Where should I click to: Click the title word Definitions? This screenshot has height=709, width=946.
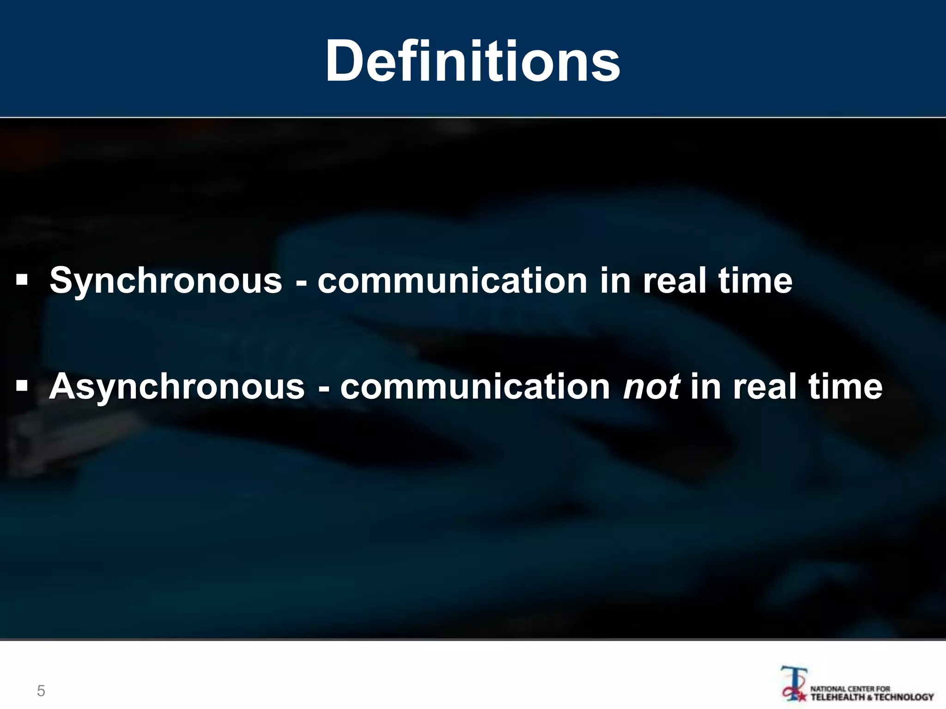click(473, 61)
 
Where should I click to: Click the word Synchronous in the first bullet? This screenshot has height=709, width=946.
click(166, 280)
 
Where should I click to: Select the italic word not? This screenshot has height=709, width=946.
click(651, 387)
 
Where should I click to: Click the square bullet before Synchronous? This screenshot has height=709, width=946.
click(22, 279)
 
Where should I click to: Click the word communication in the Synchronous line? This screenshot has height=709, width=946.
click(452, 281)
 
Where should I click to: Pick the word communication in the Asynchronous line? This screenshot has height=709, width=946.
click(475, 387)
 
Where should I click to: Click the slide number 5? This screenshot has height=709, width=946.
click(41, 691)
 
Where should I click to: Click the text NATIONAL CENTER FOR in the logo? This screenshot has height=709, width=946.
click(850, 688)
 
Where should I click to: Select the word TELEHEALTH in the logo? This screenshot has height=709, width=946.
click(837, 697)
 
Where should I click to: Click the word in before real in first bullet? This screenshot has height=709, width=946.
click(615, 280)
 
